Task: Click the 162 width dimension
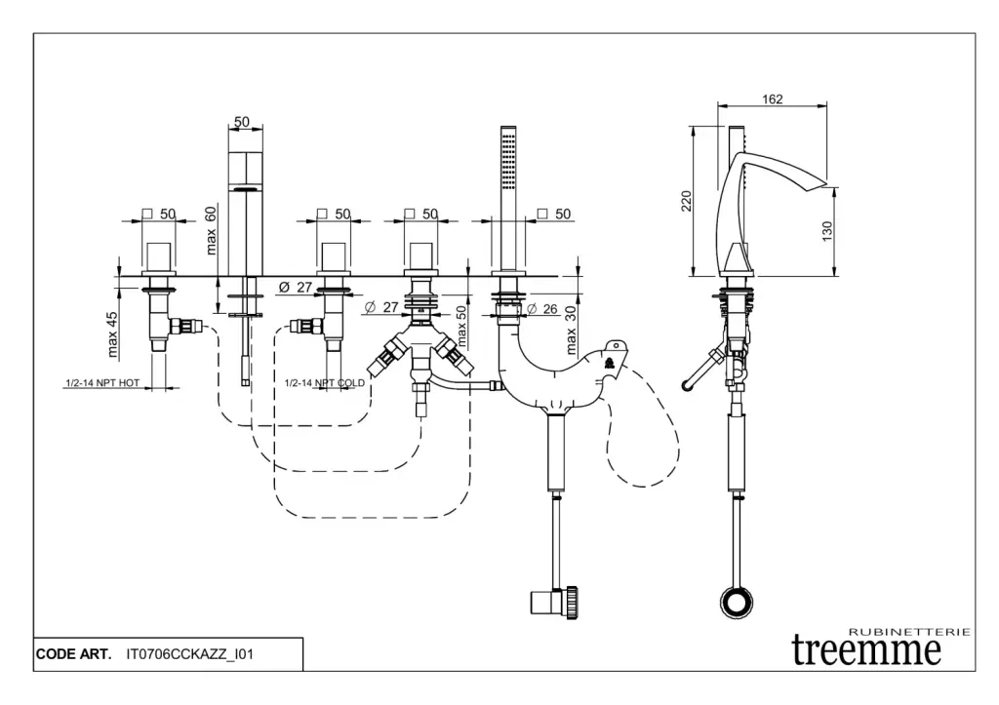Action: click(773, 98)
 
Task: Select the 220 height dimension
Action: click(687, 202)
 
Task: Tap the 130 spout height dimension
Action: click(827, 232)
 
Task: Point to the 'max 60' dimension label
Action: click(212, 230)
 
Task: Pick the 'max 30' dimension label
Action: click(573, 333)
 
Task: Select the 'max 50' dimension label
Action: click(462, 326)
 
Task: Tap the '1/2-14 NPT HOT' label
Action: click(102, 383)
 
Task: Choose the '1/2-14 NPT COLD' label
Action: click(325, 383)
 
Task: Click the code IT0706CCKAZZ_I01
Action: click(190, 653)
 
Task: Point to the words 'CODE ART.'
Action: click(74, 653)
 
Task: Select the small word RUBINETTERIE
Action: click(909, 632)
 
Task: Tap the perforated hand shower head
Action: click(507, 156)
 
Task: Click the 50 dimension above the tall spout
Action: click(242, 122)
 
